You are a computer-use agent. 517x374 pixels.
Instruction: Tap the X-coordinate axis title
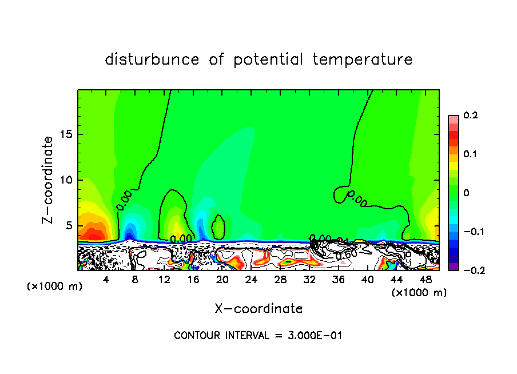coord(258,309)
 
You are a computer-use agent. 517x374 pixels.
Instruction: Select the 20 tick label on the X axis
coord(222,280)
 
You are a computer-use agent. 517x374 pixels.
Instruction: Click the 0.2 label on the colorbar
coord(470,116)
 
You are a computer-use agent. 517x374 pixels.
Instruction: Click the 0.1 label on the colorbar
coord(470,154)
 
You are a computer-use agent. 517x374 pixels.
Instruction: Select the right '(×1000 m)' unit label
coord(419,293)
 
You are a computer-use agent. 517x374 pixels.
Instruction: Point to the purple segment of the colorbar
coord(453,266)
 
